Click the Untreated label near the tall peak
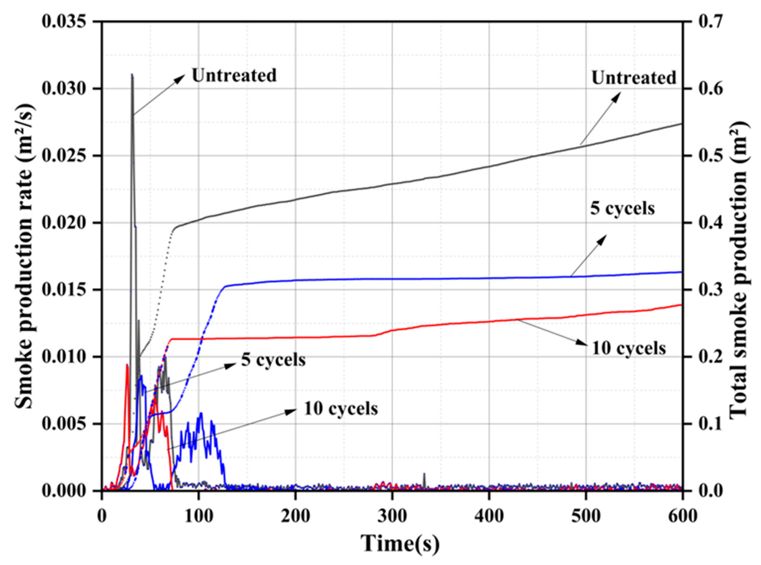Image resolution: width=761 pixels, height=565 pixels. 234,75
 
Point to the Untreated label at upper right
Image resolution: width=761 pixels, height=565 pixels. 634,78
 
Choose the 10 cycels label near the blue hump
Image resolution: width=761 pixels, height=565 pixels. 341,409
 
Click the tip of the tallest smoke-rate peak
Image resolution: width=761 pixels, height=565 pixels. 132,74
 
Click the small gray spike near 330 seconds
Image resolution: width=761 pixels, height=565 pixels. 424,474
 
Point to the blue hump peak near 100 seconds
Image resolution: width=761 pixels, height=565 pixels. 201,413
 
